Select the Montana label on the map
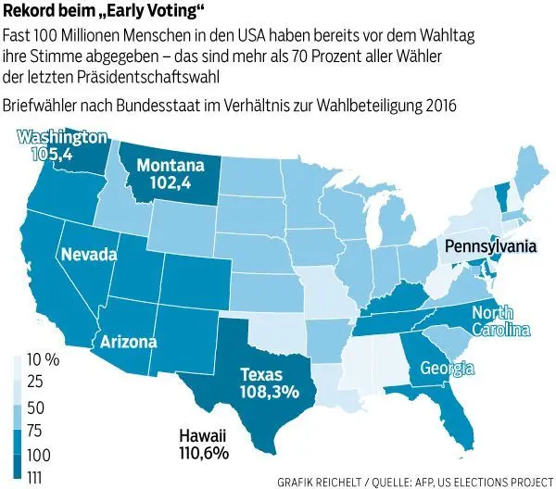point(170,166)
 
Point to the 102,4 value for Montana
point(170,182)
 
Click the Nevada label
point(89,254)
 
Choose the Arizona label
point(129,342)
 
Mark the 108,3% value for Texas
point(266,392)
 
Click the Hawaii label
point(205,436)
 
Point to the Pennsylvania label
point(488,247)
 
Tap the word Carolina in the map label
point(500,330)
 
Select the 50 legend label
point(37,408)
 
